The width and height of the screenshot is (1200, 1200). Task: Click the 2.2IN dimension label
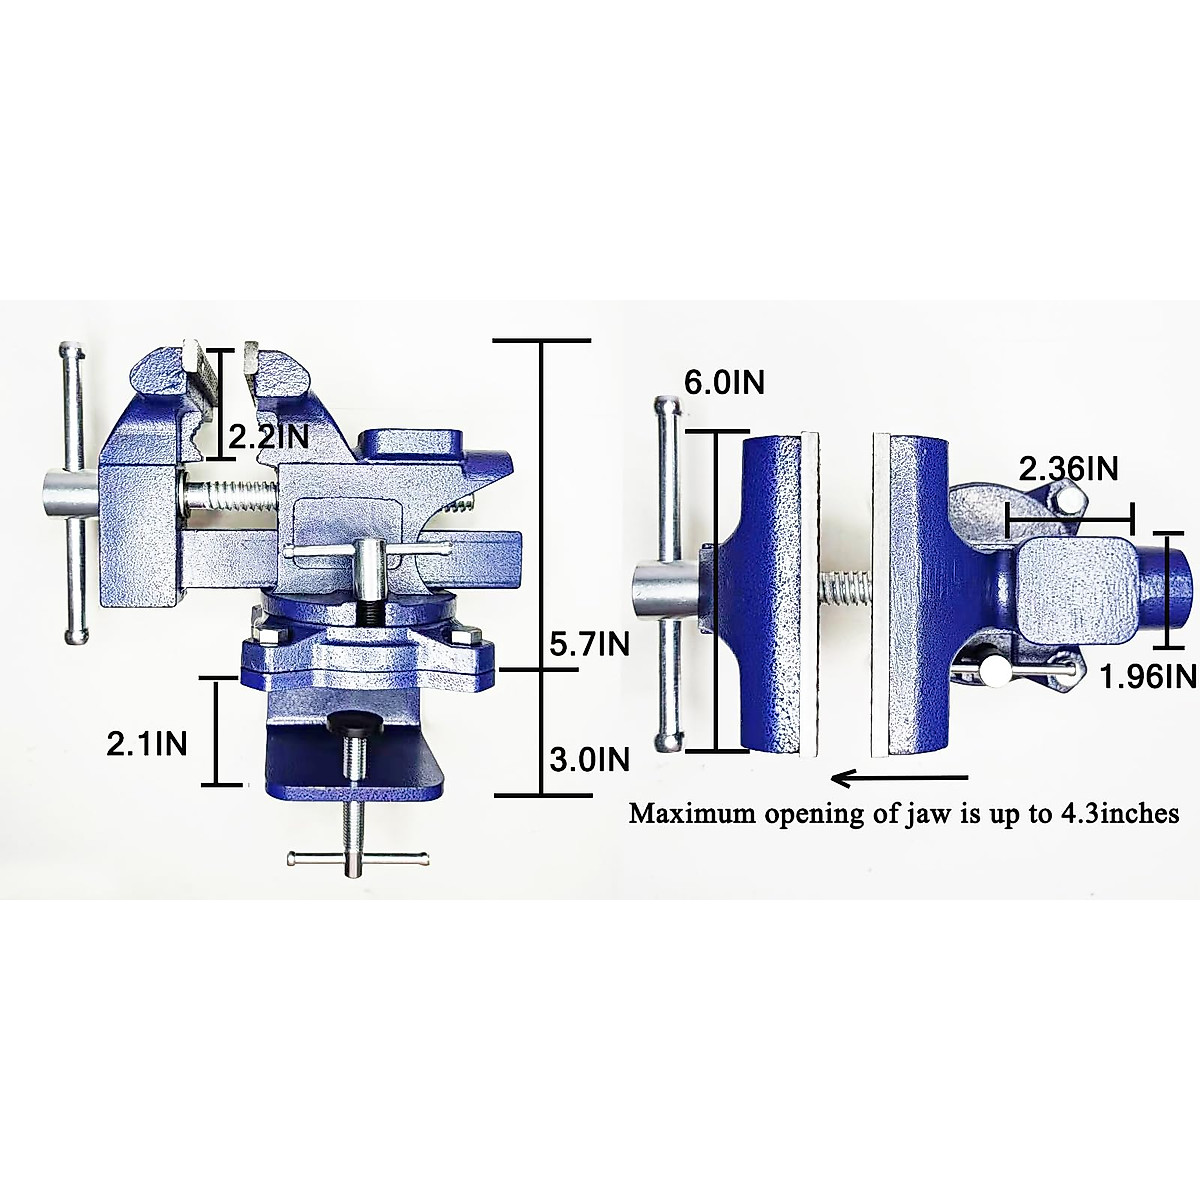coord(269,436)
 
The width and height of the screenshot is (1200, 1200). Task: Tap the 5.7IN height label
coord(590,645)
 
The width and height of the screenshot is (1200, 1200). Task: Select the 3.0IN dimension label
coord(590,760)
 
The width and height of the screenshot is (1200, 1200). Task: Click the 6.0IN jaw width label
coord(724,382)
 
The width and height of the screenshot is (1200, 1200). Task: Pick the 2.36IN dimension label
coord(1068,468)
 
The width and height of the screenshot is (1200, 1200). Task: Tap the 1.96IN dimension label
coord(1147,677)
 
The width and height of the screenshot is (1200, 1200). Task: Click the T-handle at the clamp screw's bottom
coord(357,857)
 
